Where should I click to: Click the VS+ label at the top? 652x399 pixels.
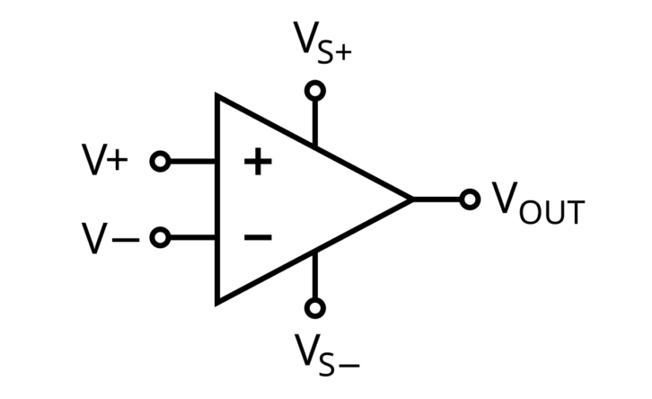point(322,42)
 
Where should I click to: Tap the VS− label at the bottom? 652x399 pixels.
point(327,355)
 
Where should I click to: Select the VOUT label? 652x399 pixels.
point(539,203)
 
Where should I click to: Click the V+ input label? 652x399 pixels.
point(105,159)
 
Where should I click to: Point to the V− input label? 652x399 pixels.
point(110,237)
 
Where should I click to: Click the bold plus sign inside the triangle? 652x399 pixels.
point(258,162)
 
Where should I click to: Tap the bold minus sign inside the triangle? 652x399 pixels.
point(258,237)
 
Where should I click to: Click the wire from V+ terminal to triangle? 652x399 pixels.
point(192,162)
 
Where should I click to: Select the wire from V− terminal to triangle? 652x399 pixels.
point(192,237)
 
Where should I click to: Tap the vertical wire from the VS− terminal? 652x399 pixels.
point(315,275)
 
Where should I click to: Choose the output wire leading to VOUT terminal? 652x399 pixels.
point(436,199)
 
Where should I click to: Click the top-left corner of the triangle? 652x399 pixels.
point(216,93)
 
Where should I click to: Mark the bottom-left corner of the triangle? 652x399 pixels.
point(216,305)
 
